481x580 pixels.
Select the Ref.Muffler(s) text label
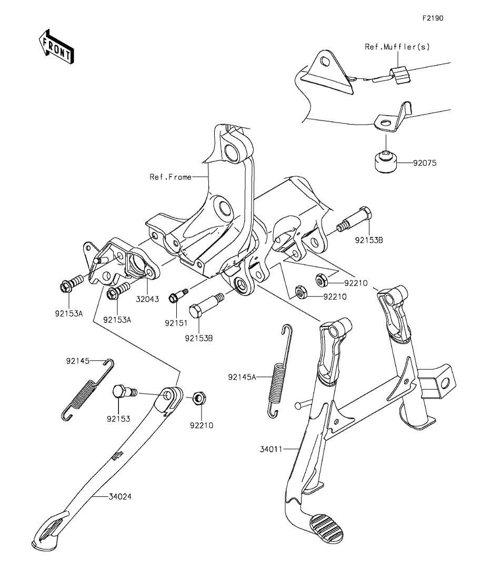click(397, 47)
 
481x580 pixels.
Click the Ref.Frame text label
click(171, 177)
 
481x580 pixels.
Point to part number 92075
click(425, 163)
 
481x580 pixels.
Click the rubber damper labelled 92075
click(385, 161)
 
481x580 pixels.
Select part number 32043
click(147, 299)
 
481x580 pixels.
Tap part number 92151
click(176, 323)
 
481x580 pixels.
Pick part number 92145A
click(242, 377)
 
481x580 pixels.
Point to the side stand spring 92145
click(87, 390)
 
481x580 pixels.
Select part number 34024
click(119, 496)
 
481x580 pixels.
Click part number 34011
click(270, 449)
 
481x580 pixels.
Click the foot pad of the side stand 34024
click(49, 529)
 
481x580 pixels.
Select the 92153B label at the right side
click(369, 240)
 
